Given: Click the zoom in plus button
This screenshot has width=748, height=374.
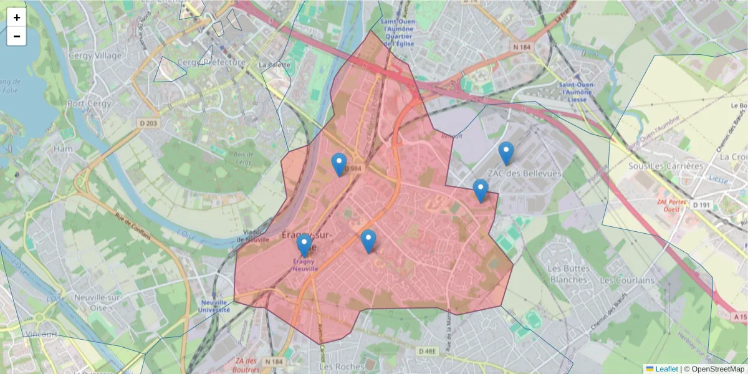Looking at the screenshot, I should point(17,17).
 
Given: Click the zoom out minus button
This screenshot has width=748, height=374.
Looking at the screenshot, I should point(17,36).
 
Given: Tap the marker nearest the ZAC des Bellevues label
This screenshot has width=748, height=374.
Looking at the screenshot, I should point(506,153).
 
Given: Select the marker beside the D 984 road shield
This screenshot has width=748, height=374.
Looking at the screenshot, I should point(339,165).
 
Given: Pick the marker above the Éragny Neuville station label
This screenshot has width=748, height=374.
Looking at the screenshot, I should point(304,246).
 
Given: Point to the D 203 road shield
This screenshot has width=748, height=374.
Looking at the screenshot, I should point(149,123).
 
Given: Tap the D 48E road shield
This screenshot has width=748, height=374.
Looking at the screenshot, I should point(427,352).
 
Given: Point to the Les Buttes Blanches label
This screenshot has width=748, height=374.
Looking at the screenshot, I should point(568,274).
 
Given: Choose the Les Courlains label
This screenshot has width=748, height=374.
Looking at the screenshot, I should point(627,280).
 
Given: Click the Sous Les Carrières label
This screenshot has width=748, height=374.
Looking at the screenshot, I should point(666,166).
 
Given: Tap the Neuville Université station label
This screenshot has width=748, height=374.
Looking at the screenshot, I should point(214,305).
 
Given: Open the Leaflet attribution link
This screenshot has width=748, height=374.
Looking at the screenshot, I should point(666,369).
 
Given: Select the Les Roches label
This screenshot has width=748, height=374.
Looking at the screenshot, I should point(337,366).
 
